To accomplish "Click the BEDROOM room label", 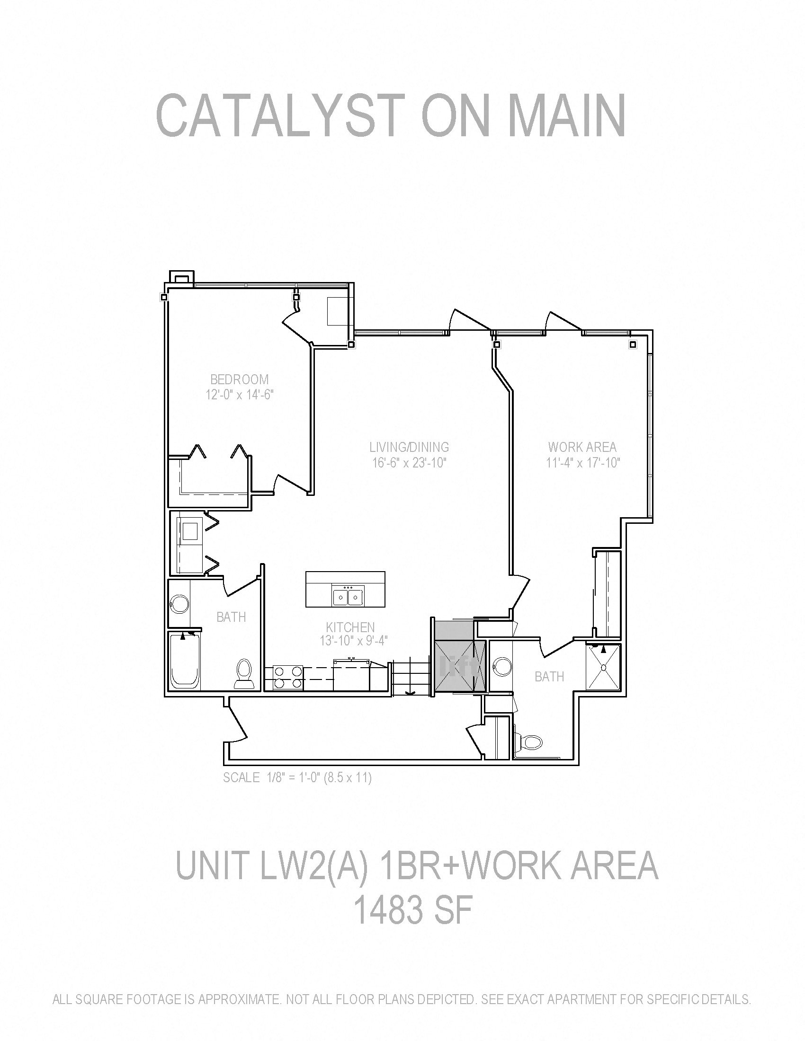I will click(240, 379).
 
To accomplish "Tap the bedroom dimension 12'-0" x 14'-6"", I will click(240, 395).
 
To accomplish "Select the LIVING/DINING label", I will click(409, 447).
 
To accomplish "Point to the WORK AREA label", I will click(582, 447).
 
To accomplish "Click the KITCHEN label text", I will click(350, 627).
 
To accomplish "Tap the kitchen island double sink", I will click(348, 597).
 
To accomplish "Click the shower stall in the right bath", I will click(603, 666).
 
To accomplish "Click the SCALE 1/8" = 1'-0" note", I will click(297, 778).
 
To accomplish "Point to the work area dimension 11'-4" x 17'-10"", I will click(583, 462).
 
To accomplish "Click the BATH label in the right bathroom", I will click(549, 676).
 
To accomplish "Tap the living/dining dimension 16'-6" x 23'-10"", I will click(409, 462).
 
